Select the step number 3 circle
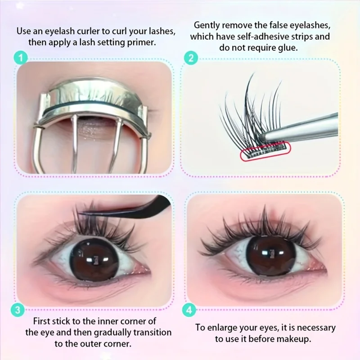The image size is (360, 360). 17,310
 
